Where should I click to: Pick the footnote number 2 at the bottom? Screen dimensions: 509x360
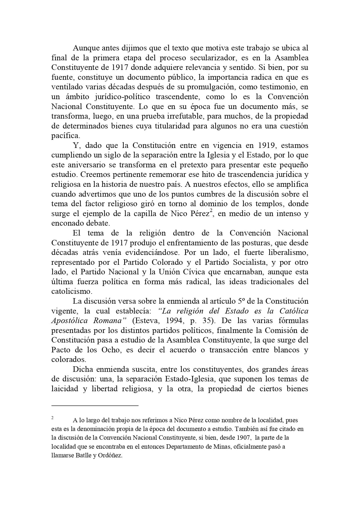53,418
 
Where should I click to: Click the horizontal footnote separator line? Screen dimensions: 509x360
95,405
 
